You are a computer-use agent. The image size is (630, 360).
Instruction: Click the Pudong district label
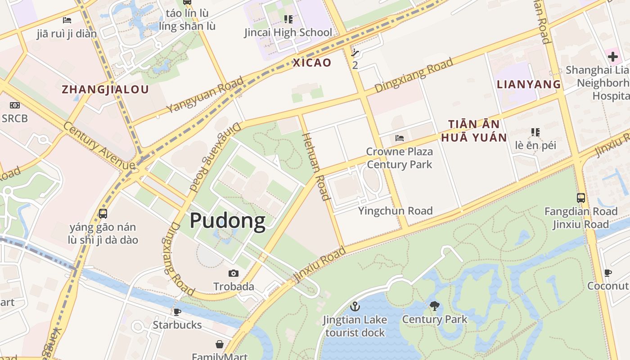click(x=227, y=221)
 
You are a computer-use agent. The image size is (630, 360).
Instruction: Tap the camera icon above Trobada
click(x=233, y=273)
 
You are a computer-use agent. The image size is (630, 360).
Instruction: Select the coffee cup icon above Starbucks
click(x=177, y=311)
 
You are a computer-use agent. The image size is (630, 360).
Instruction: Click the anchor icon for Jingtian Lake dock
click(x=355, y=306)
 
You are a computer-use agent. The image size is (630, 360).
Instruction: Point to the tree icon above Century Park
click(x=434, y=306)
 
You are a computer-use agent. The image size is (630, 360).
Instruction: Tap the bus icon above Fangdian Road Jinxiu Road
click(x=581, y=198)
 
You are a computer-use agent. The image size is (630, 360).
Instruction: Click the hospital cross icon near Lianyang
click(x=612, y=57)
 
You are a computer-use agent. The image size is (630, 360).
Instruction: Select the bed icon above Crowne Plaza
click(x=399, y=138)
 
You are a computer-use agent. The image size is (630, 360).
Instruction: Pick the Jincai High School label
click(x=288, y=32)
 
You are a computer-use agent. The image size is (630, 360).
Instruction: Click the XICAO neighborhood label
click(x=312, y=63)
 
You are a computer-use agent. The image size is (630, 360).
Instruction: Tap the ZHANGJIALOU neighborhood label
click(x=105, y=89)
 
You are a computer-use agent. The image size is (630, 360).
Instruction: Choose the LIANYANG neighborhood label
click(x=529, y=84)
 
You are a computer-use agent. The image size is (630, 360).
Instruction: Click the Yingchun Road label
click(x=395, y=211)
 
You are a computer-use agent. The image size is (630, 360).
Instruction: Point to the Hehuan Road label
click(x=315, y=166)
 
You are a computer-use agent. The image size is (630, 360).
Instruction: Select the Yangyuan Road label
click(x=205, y=94)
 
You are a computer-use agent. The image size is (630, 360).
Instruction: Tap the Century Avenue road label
click(x=99, y=146)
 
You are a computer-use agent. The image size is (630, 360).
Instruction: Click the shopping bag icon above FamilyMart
click(x=219, y=344)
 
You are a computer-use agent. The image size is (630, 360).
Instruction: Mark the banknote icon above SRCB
click(x=14, y=105)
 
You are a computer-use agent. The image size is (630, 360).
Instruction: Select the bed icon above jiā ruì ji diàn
click(x=67, y=20)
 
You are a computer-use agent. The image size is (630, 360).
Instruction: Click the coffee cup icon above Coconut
click(x=608, y=273)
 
